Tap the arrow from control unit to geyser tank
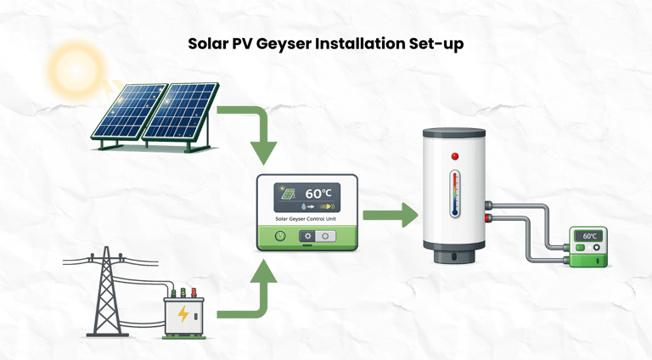pos(391,214)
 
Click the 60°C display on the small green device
pos(590,236)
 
